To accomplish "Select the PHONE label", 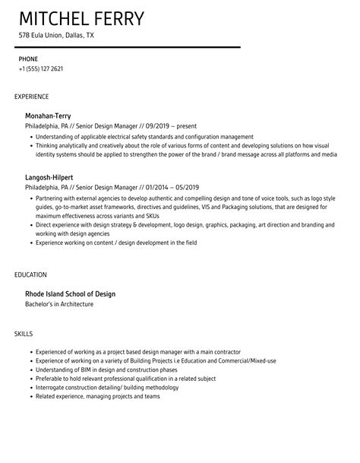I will [28, 58].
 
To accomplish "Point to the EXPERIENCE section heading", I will [32, 97].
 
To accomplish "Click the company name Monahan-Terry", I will [48, 116].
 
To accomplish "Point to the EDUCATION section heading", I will [31, 274].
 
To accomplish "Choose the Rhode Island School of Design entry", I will [70, 293].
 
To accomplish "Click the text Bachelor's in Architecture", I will [59, 304].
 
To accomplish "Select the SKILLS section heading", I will [24, 334].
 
